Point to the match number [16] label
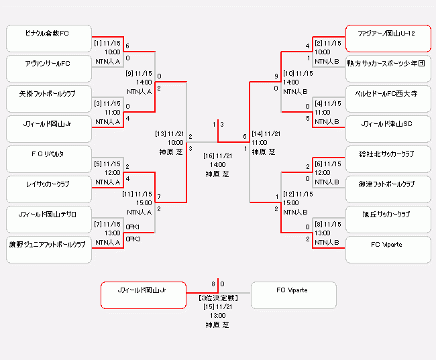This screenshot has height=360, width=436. coord(209,156)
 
